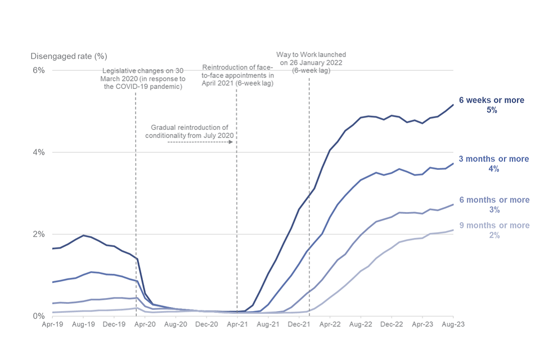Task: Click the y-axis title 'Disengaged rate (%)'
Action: click(x=69, y=56)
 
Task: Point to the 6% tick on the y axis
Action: click(x=38, y=70)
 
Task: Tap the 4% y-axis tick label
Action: click(x=38, y=152)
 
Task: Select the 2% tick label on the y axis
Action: click(x=38, y=234)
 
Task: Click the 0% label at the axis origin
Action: click(x=38, y=316)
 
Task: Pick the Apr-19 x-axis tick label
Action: click(x=52, y=325)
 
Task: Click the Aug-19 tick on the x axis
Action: click(x=83, y=325)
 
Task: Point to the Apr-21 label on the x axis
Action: click(x=237, y=325)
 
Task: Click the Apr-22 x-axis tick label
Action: click(x=330, y=325)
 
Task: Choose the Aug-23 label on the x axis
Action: click(x=453, y=325)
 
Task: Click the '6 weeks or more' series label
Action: click(x=492, y=100)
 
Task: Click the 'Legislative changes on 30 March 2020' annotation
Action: click(x=143, y=78)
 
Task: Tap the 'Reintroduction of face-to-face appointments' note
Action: click(x=238, y=75)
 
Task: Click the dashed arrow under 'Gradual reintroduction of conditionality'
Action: click(x=200, y=143)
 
